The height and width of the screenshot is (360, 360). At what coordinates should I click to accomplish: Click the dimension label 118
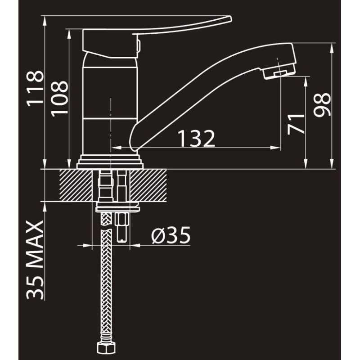[35, 89]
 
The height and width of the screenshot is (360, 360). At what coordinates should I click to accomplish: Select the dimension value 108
[60, 99]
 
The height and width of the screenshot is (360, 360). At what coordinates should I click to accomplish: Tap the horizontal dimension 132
[196, 139]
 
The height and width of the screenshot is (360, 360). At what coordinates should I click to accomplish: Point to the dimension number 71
[296, 124]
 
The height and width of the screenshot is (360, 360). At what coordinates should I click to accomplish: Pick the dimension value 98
[322, 105]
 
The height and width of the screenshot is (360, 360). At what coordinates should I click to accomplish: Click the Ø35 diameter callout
[171, 235]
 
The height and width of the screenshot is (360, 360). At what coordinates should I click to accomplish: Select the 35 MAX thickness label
[35, 260]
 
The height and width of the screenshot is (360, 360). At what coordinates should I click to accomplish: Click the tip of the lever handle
[231, 18]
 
